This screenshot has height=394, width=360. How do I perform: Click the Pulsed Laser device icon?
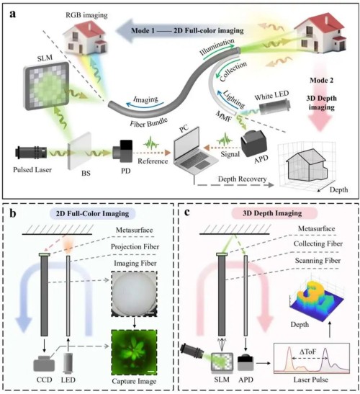(x=31, y=153)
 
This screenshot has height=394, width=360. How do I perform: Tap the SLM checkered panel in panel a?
(x=47, y=86)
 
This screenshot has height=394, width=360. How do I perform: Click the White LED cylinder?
(x=275, y=107)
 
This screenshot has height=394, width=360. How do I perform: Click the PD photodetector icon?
(x=122, y=151)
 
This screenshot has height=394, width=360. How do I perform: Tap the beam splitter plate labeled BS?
(x=79, y=151)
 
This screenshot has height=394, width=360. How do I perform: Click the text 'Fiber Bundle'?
(x=149, y=122)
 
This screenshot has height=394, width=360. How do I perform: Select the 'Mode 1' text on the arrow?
(x=143, y=31)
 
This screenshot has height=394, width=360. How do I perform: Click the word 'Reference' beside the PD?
(x=153, y=161)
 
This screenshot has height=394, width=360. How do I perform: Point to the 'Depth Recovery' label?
(x=242, y=179)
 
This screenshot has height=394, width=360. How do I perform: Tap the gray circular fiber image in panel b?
(x=134, y=293)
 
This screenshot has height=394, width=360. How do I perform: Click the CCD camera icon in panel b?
(x=44, y=363)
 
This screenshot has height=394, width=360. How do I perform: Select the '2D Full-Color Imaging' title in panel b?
(x=92, y=214)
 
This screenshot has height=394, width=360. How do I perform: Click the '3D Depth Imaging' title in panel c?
(x=272, y=213)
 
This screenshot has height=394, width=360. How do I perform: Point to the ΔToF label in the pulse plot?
(x=307, y=352)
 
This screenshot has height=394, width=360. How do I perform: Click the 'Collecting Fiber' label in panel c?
(x=318, y=243)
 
